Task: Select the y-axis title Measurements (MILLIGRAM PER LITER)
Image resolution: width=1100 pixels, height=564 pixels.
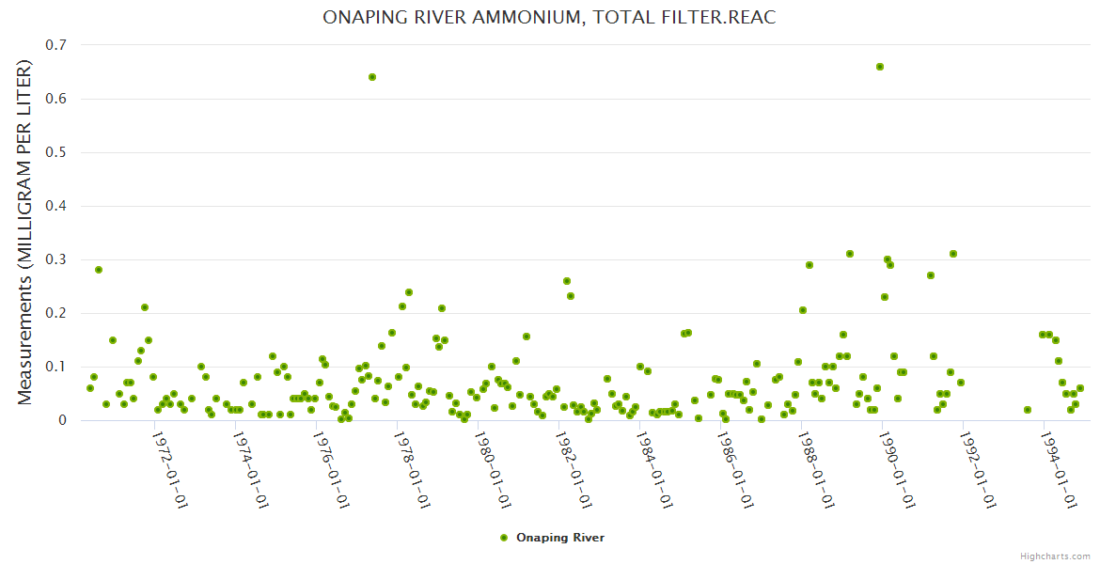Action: [25, 232]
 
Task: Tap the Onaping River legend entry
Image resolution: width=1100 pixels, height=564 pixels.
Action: [552, 538]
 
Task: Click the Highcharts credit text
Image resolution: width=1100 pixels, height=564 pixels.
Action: [1055, 556]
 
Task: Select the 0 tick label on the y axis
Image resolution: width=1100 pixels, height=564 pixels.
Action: [63, 420]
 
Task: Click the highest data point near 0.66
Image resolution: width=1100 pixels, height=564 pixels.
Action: [880, 67]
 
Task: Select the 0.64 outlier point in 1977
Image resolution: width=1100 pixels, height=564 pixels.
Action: [372, 77]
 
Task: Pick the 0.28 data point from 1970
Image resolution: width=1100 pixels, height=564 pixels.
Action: [99, 270]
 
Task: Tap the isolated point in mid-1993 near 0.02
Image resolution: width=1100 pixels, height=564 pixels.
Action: [1028, 410]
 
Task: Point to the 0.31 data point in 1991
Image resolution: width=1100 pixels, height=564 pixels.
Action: [953, 254]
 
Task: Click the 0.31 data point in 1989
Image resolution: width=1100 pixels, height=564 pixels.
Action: [850, 254]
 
